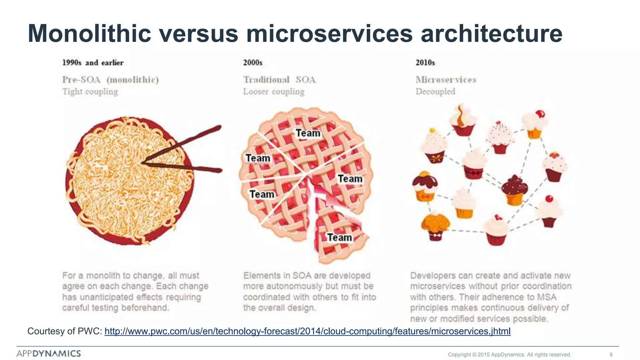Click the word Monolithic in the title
coord(90,34)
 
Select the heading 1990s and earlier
coord(93,62)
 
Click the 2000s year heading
coord(253,62)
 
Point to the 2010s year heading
coord(425,62)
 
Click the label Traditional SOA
coord(279,80)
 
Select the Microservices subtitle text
coord(446,80)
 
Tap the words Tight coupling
coord(90,92)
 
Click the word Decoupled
coord(435,92)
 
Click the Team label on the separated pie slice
coord(339,237)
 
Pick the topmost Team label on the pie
coord(308,133)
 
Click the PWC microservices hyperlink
coord(307,331)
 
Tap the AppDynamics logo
coord(49,353)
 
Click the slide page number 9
coord(611,354)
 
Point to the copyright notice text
coord(509,354)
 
